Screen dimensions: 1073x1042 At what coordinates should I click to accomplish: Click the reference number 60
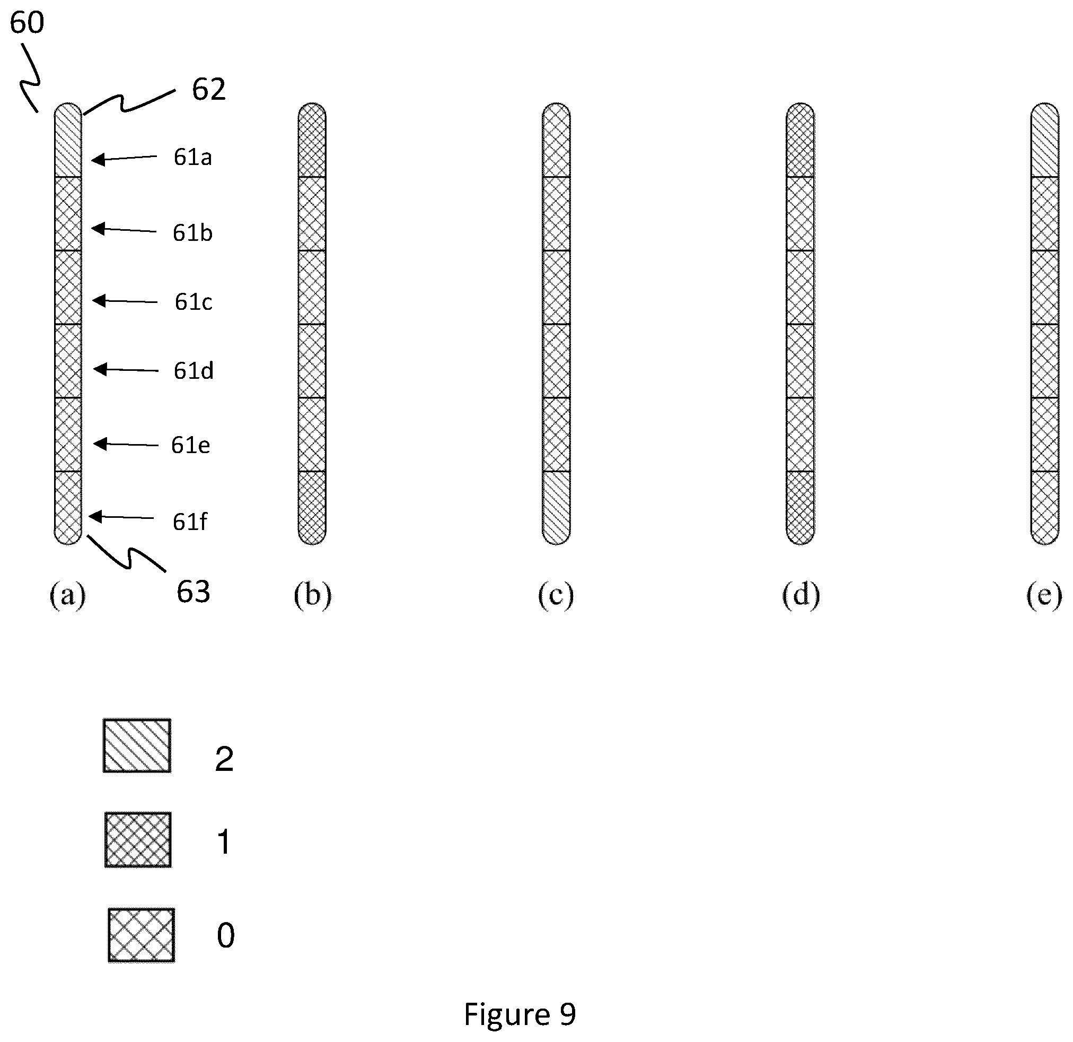click(27, 23)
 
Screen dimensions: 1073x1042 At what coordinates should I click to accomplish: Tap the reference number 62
click(208, 89)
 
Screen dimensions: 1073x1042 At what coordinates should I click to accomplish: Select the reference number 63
click(194, 592)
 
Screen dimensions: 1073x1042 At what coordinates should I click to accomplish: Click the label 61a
click(192, 158)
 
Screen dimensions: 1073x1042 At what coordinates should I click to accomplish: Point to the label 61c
click(194, 302)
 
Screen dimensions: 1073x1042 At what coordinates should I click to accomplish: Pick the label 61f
click(190, 522)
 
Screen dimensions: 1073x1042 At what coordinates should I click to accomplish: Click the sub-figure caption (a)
click(68, 595)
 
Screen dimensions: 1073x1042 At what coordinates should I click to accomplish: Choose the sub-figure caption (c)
click(556, 595)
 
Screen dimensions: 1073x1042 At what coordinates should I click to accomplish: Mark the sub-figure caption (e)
click(1044, 595)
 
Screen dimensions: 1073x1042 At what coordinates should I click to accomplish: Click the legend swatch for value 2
click(137, 745)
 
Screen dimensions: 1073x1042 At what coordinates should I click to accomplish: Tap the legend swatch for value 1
click(138, 840)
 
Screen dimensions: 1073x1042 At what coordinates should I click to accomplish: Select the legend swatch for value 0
click(141, 935)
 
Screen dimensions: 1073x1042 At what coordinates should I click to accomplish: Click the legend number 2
click(224, 759)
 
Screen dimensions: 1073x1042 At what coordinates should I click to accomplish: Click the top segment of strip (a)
click(68, 140)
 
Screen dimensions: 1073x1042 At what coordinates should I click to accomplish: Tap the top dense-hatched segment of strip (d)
click(801, 140)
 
